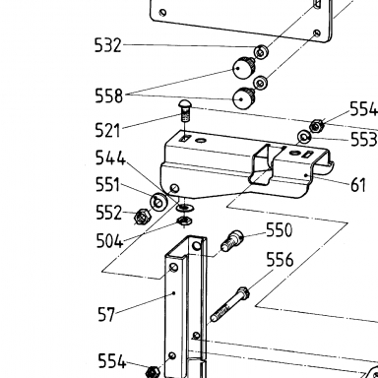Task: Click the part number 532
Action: [108, 45]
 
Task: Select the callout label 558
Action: [108, 96]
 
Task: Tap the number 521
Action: [107, 130]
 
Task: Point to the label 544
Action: [110, 158]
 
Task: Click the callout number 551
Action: [107, 185]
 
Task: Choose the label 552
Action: [109, 213]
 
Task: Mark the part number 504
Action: [109, 241]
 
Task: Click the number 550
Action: [279, 230]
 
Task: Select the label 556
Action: [280, 260]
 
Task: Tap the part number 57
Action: [106, 314]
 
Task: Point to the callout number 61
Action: [358, 185]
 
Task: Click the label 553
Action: [363, 140]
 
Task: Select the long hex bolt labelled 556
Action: [229, 304]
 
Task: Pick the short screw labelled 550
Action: [232, 240]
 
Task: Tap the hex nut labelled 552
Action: [143, 217]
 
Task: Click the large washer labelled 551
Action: [158, 202]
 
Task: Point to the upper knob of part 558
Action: [244, 67]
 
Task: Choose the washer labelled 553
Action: [304, 137]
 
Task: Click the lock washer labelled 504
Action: [185, 221]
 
